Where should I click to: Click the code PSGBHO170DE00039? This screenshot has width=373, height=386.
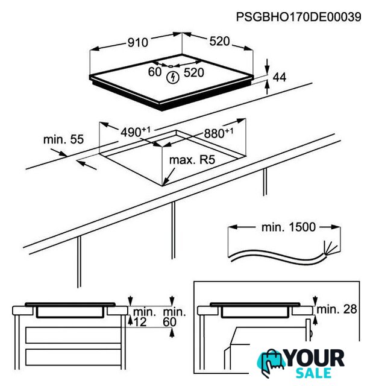(298, 17)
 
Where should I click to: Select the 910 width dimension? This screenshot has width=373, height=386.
(138, 43)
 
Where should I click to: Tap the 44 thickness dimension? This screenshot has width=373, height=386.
(280, 78)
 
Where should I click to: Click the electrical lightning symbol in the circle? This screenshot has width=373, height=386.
(173, 77)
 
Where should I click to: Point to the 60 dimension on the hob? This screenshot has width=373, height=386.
(155, 72)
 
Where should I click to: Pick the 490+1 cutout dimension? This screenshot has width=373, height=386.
(135, 132)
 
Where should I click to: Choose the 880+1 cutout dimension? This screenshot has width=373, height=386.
(219, 133)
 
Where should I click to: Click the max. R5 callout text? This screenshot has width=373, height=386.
(192, 160)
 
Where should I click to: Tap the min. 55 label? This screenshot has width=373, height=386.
(63, 139)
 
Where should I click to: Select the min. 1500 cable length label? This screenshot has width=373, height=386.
(288, 227)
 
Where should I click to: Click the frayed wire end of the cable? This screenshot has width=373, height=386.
(330, 247)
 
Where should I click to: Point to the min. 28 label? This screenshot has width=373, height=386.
(337, 309)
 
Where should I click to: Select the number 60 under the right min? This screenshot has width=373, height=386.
(170, 322)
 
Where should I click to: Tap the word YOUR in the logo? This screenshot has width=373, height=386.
(316, 358)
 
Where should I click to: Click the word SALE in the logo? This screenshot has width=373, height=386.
(313, 373)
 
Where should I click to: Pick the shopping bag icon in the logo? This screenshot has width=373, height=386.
(271, 362)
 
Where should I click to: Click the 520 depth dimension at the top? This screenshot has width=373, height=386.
(219, 42)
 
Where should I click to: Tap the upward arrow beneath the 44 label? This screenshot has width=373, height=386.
(268, 87)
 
